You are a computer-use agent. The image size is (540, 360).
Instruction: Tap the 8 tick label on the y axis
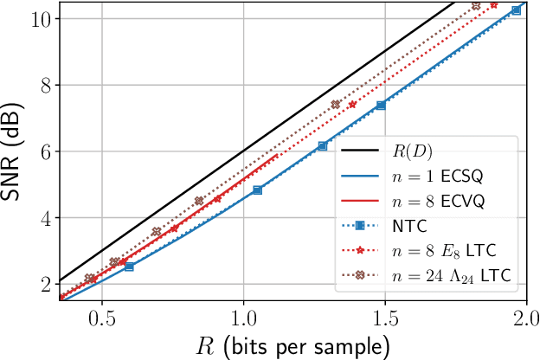44,85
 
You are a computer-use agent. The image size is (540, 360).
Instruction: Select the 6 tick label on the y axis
44,151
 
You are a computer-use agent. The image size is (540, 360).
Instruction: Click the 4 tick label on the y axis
44,218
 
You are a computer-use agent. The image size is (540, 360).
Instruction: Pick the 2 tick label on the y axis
44,285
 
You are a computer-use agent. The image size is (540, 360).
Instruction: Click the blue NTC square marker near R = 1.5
381,106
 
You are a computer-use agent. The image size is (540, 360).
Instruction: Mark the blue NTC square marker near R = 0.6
129,267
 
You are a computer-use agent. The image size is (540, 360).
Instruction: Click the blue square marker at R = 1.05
257,190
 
